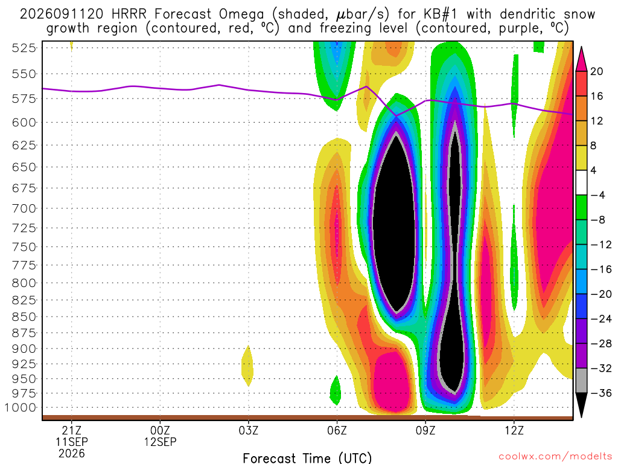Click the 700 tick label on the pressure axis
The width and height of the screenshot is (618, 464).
[x=24, y=208]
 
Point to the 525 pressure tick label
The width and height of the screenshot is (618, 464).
[x=24, y=48]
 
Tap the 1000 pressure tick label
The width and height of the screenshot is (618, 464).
[x=21, y=408]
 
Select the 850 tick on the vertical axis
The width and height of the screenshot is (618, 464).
[x=24, y=317]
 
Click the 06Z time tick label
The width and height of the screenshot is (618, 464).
[x=337, y=430]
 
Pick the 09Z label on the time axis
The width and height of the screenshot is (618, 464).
[x=425, y=430]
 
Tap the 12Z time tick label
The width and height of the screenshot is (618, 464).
[x=514, y=430]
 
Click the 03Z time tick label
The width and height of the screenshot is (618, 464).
[x=248, y=430]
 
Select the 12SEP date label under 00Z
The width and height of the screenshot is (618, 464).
[x=160, y=442]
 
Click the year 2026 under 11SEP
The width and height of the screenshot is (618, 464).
[x=71, y=453]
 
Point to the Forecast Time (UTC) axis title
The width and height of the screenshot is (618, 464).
[x=307, y=458]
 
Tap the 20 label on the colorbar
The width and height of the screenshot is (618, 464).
[x=596, y=71]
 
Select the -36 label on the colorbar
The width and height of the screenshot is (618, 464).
[x=601, y=393]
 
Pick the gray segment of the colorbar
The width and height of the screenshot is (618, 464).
[x=581, y=381]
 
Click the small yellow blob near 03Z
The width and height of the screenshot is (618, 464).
[x=247, y=366]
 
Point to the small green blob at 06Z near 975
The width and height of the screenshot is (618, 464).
[x=335, y=390]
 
